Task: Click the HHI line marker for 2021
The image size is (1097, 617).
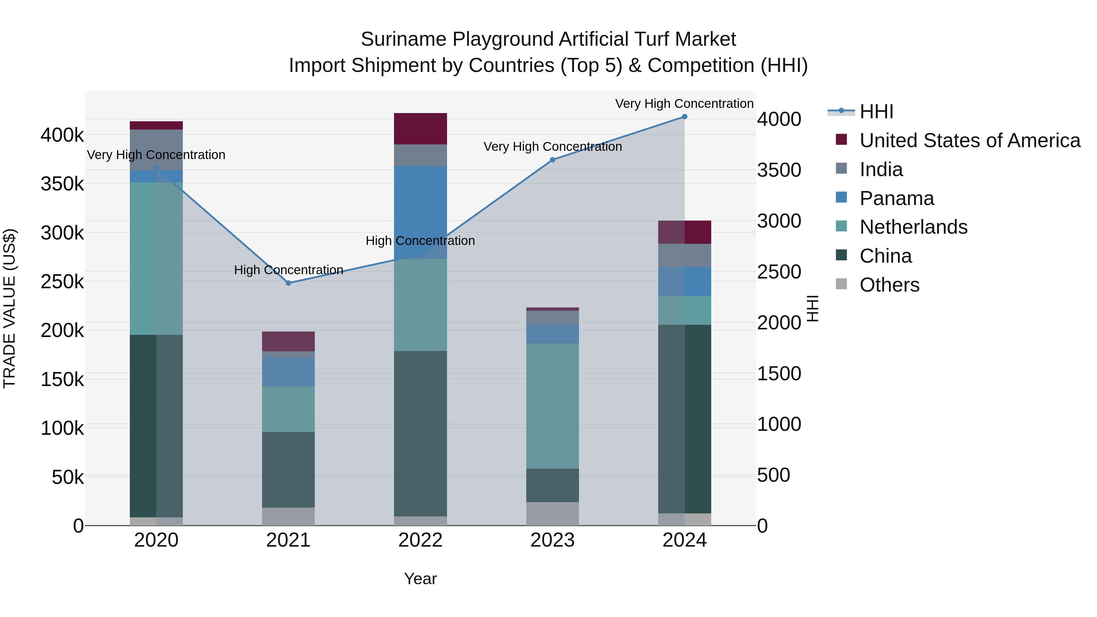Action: pos(288,283)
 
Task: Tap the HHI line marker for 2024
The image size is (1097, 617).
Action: pos(684,117)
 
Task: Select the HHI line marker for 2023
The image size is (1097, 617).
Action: pos(552,160)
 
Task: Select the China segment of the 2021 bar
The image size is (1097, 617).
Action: pos(288,469)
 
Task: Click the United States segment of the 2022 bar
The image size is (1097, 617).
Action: pos(420,129)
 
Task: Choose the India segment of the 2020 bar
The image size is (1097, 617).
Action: pos(156,150)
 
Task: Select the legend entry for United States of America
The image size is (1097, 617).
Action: pos(969,140)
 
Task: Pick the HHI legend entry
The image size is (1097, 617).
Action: pos(876,112)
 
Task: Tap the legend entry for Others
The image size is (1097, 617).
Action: pos(889,285)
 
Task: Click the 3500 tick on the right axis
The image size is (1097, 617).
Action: pos(779,170)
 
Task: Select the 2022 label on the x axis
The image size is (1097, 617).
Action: pos(420,540)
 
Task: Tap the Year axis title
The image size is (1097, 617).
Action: pos(420,579)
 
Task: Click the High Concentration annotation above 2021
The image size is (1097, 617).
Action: pos(288,270)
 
